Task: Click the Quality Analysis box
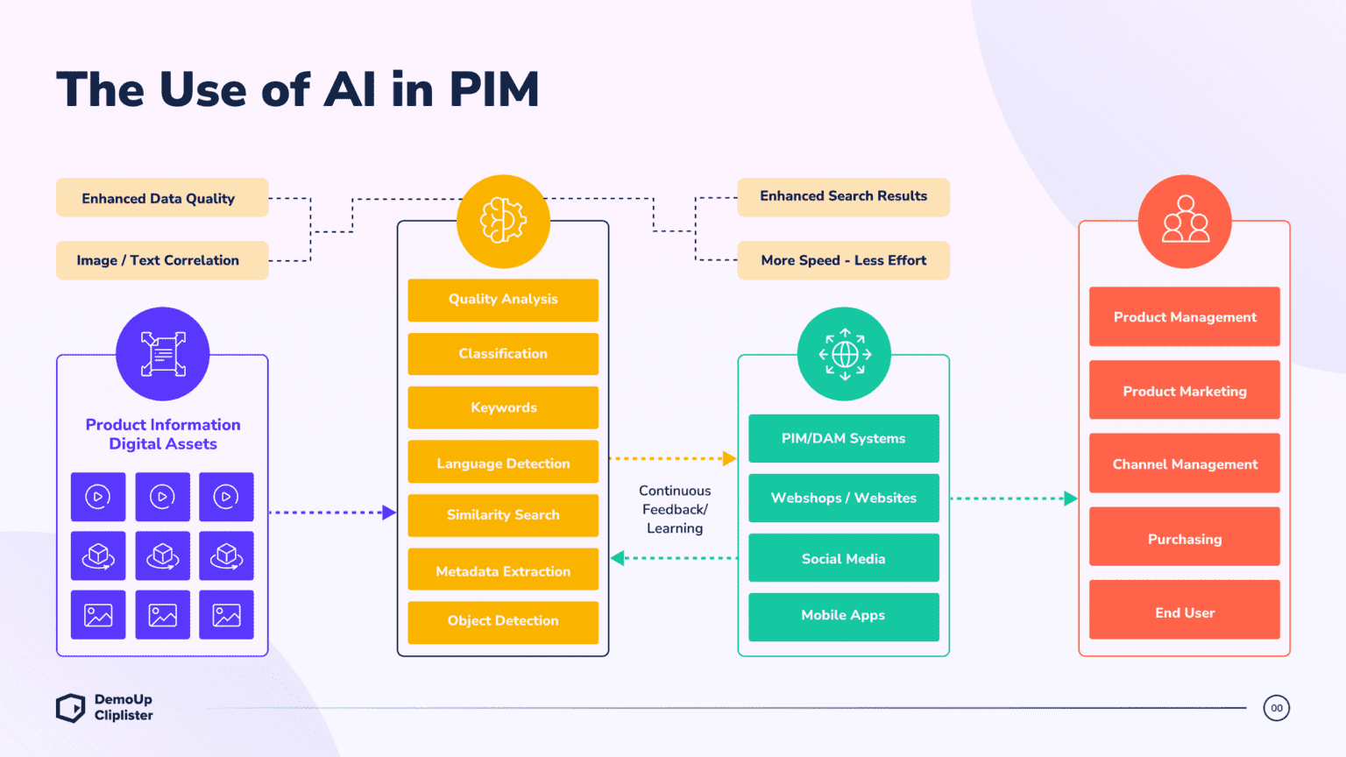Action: click(x=503, y=300)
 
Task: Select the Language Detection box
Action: click(x=503, y=463)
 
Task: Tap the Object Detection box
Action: click(x=503, y=621)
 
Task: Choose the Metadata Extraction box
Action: click(x=503, y=570)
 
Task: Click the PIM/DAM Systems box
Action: click(x=843, y=438)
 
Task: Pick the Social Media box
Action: click(x=843, y=558)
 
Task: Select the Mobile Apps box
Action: click(x=843, y=616)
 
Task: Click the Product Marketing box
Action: click(x=1184, y=391)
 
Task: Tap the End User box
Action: click(x=1184, y=612)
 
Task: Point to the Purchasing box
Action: click(x=1184, y=538)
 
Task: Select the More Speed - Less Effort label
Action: click(x=843, y=260)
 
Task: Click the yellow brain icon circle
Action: click(x=503, y=221)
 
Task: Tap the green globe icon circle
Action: click(x=844, y=354)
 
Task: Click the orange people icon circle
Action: click(x=1185, y=221)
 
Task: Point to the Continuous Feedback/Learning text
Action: click(x=675, y=509)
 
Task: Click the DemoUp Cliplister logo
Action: click(x=104, y=708)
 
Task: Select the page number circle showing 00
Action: click(x=1276, y=708)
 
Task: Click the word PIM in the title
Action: click(x=493, y=89)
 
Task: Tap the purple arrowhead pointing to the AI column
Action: click(x=390, y=513)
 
